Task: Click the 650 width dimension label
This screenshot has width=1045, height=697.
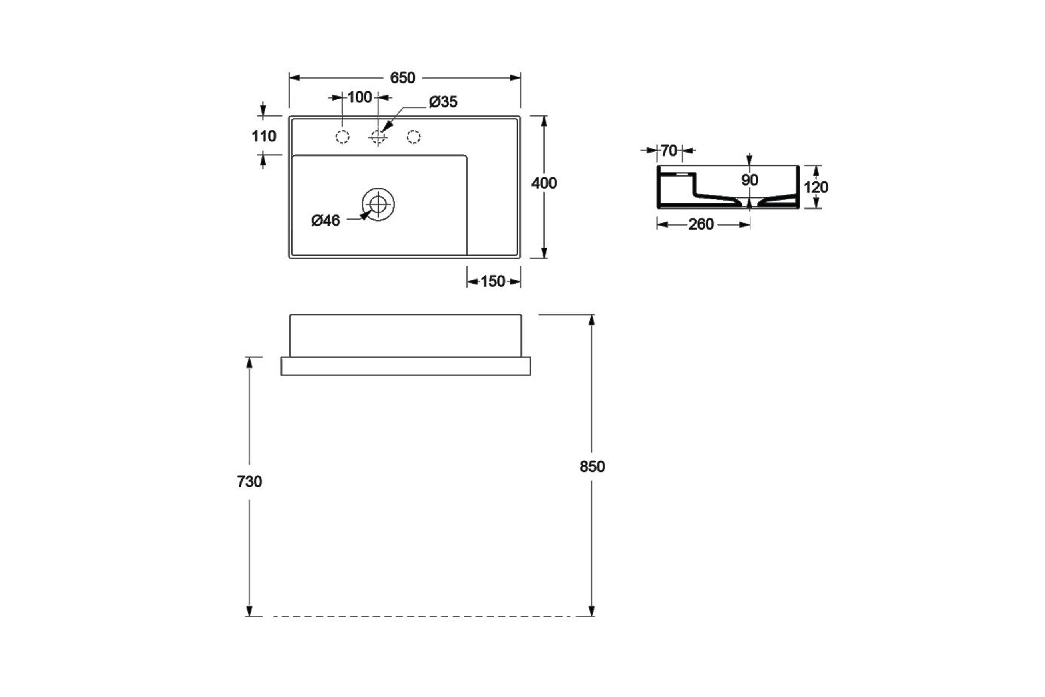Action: (402, 78)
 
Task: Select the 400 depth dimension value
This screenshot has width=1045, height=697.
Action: (544, 183)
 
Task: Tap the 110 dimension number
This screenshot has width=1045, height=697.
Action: (264, 136)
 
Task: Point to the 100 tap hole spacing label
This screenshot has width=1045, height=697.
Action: (360, 97)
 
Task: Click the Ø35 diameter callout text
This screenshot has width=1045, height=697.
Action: (443, 102)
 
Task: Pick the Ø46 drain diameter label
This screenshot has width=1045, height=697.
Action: (326, 220)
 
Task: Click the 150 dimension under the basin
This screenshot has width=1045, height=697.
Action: (493, 281)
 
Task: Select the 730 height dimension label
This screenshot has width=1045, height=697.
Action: (249, 481)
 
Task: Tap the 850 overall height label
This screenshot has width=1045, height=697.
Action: (592, 466)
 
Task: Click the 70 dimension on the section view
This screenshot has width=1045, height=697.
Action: (669, 151)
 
